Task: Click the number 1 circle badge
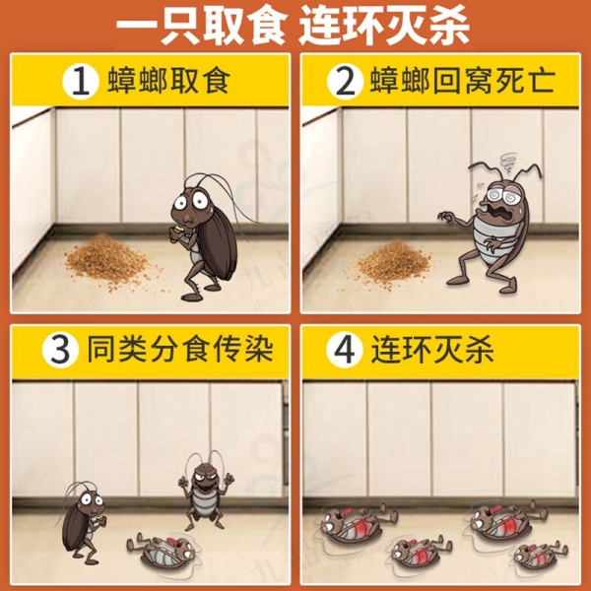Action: [x=81, y=82]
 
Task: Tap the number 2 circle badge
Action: [x=345, y=82]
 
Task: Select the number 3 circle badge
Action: [x=60, y=351]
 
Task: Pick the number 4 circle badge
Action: [x=345, y=351]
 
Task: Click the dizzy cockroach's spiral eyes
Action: [x=504, y=195]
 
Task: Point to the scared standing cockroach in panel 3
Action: [x=81, y=522]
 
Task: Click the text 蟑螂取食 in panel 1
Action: [x=168, y=81]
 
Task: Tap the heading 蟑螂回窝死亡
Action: [x=463, y=81]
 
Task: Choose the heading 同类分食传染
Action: [x=180, y=350]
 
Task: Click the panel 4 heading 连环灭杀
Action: [x=432, y=350]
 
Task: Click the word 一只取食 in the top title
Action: [x=201, y=26]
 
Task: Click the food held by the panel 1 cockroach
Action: [x=177, y=231]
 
